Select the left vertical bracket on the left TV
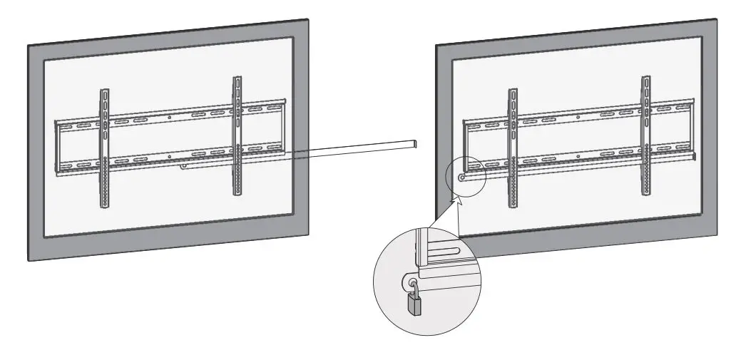pos(105,148)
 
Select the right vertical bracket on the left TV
pos(237,135)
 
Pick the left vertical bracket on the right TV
pos(512,148)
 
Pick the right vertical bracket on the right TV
pos(645,135)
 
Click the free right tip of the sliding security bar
pos(414,145)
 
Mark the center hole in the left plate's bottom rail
pos(169,155)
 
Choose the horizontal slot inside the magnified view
pos(443,250)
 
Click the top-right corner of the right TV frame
pos(715,21)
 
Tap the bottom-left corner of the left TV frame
pos(30,261)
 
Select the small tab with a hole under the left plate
pos(184,168)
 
